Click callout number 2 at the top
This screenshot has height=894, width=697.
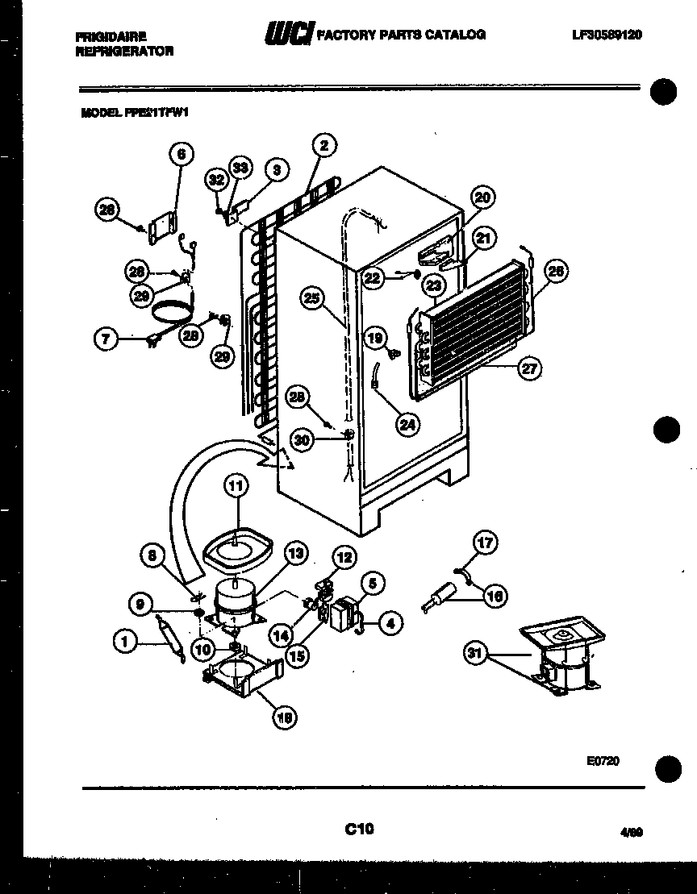pos(323,146)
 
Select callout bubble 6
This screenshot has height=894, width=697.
pos(181,153)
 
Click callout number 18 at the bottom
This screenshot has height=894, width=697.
pos(282,717)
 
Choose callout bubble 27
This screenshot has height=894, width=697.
pos(529,368)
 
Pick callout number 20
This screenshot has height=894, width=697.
pos(482,198)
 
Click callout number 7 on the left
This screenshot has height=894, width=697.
pos(106,339)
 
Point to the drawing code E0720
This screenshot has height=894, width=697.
pos(603,760)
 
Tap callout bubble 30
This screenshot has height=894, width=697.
pos(302,439)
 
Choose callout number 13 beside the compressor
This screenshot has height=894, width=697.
pos(295,553)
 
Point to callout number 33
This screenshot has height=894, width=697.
pos(240,167)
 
